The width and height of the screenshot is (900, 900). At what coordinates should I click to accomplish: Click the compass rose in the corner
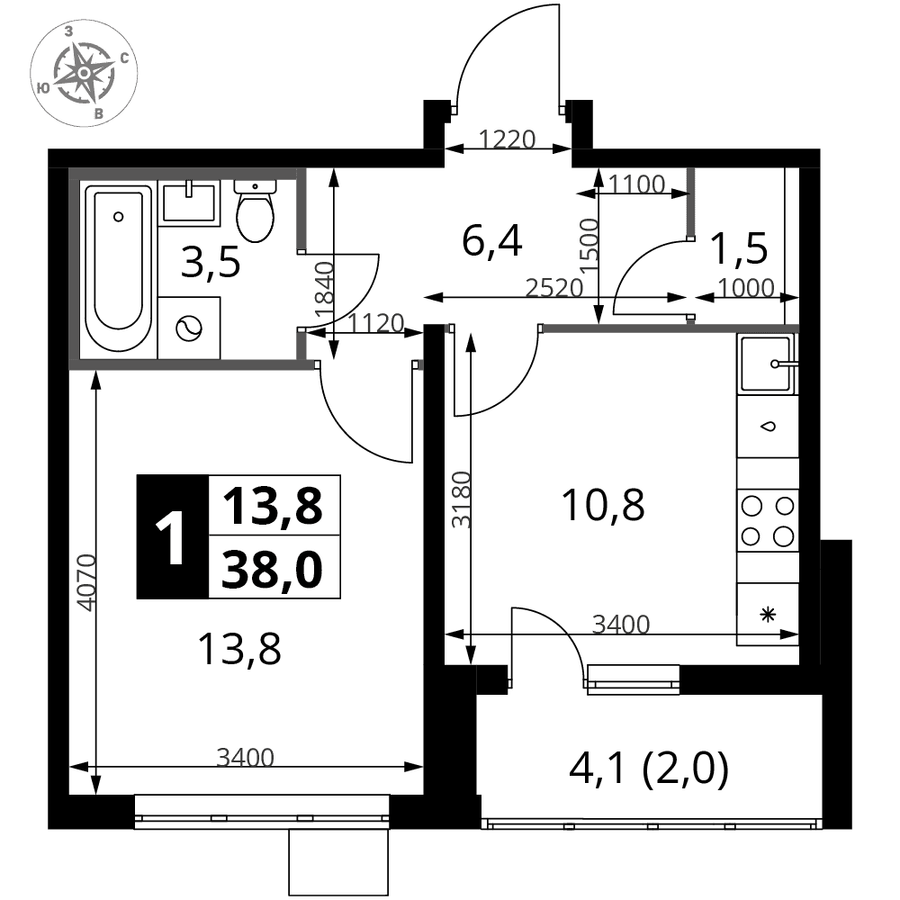[x=84, y=73]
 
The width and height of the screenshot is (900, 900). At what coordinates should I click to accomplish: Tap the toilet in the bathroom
[x=256, y=211]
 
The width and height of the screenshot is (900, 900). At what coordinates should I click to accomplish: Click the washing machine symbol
[x=189, y=328]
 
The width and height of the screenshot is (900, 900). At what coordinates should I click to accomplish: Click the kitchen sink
[x=768, y=364]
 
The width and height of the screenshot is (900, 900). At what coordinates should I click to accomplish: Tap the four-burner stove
[x=768, y=521]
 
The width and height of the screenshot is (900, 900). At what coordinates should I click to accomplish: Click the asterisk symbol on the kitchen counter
[x=768, y=615]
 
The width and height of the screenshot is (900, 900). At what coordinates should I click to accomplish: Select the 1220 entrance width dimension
[x=508, y=139]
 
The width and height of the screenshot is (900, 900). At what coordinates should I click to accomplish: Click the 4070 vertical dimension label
[x=85, y=582]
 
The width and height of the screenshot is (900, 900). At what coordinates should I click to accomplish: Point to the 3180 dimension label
[x=461, y=499]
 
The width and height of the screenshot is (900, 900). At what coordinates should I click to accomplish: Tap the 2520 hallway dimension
[x=554, y=288]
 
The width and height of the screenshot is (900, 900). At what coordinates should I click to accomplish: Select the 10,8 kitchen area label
[x=603, y=505]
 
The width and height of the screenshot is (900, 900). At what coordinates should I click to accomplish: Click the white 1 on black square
[x=170, y=538]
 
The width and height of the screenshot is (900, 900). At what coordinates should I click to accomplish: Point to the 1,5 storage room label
[x=739, y=249]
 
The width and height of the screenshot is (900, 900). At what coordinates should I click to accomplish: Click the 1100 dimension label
[x=636, y=184]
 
